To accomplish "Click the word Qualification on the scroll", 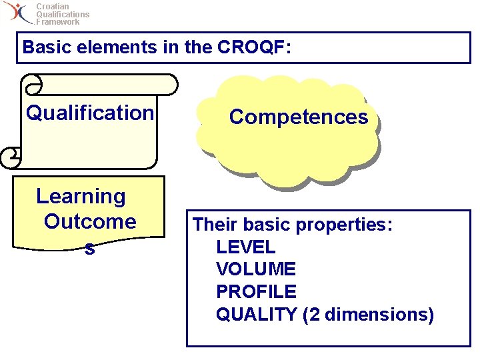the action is [90, 113].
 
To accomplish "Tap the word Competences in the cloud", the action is [298, 117].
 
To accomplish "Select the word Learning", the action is [81, 196].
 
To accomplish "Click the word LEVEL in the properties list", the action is [245, 247].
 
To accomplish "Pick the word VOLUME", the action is [255, 269].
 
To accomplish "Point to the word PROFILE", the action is [256, 291].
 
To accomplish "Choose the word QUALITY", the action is [256, 314].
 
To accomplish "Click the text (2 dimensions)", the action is [368, 314].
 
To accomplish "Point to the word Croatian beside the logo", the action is [52, 7].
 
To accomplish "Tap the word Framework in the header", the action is [58, 22].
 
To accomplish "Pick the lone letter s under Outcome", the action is [89, 249].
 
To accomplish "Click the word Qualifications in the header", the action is [63, 14].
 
